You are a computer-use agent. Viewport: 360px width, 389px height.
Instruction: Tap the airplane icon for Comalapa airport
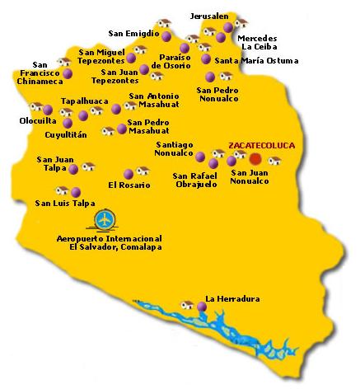point(105,220)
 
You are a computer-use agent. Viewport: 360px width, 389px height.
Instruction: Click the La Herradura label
point(227,298)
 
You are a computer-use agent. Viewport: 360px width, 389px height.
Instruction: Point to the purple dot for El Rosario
point(127,174)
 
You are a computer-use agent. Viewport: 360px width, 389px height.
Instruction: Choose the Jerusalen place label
point(209,16)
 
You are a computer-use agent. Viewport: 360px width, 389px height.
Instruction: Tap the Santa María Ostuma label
point(247,60)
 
